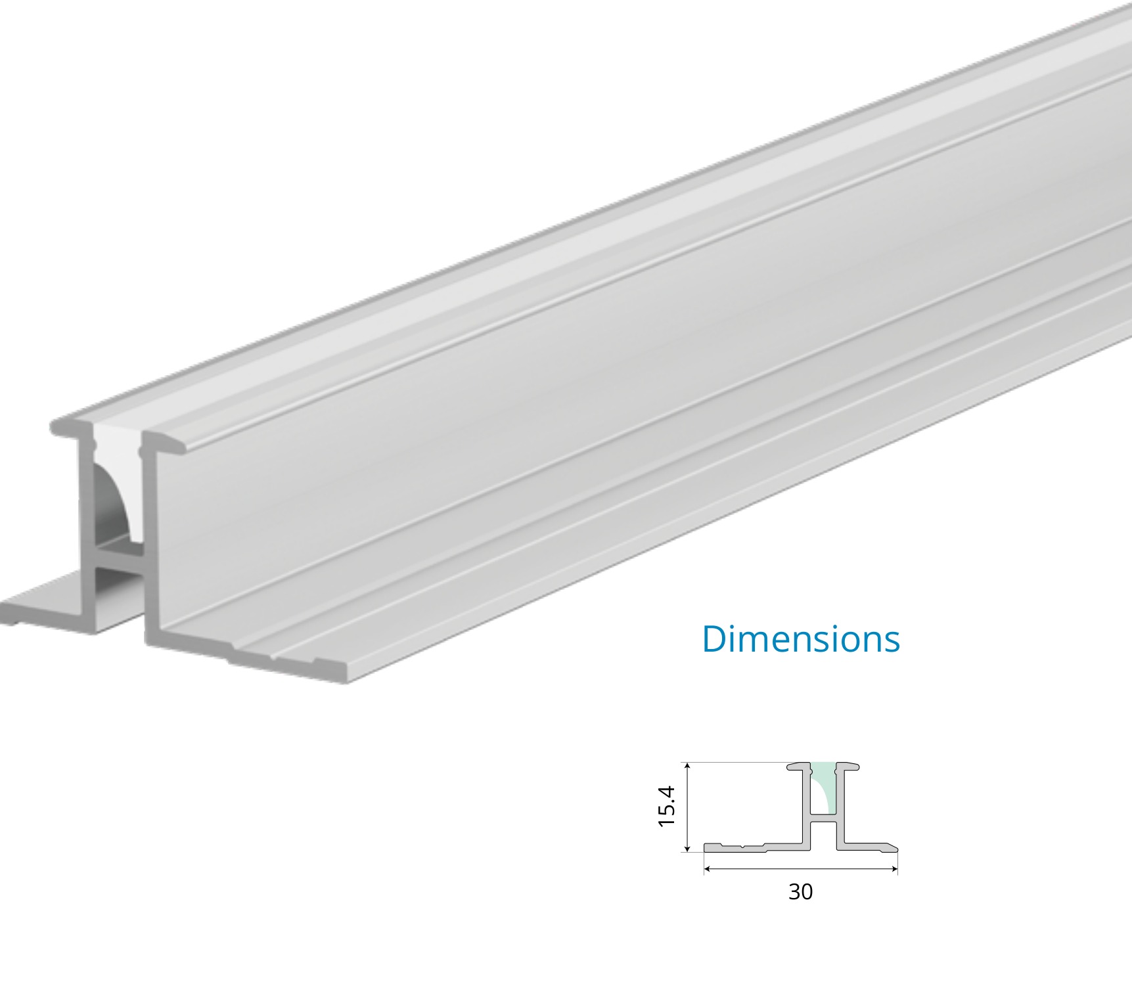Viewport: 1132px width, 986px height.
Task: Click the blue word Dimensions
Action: [801, 639]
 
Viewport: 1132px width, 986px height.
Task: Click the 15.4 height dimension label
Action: [667, 806]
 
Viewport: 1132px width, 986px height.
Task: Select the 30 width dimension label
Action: [800, 891]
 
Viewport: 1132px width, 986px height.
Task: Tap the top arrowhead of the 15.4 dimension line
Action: [687, 766]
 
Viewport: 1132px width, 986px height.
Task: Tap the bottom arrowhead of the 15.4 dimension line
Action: [687, 848]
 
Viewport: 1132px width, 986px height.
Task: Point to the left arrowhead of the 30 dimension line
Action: [708, 869]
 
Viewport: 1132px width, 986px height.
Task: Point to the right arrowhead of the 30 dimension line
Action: [894, 869]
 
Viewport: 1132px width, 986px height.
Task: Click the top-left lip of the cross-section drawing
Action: [799, 766]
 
